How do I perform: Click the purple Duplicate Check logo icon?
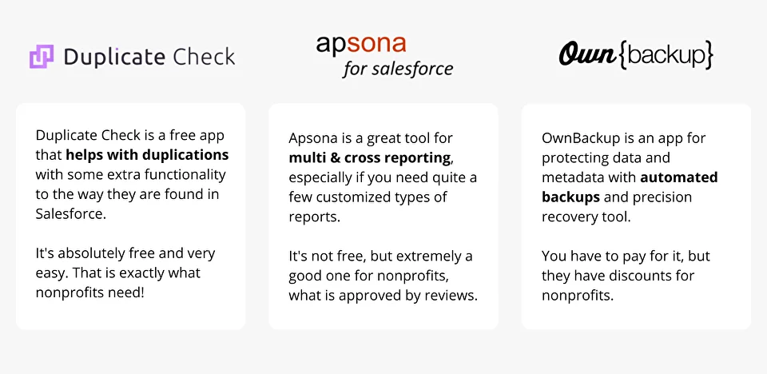click(42, 56)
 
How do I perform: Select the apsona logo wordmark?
click(361, 44)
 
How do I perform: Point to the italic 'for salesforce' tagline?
click(398, 69)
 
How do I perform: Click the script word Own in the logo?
click(587, 54)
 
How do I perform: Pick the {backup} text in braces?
click(666, 55)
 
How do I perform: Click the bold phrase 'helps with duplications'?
click(147, 155)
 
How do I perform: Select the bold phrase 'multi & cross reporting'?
click(369, 157)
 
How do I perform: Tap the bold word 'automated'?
click(679, 177)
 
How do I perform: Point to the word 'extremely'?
click(426, 257)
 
